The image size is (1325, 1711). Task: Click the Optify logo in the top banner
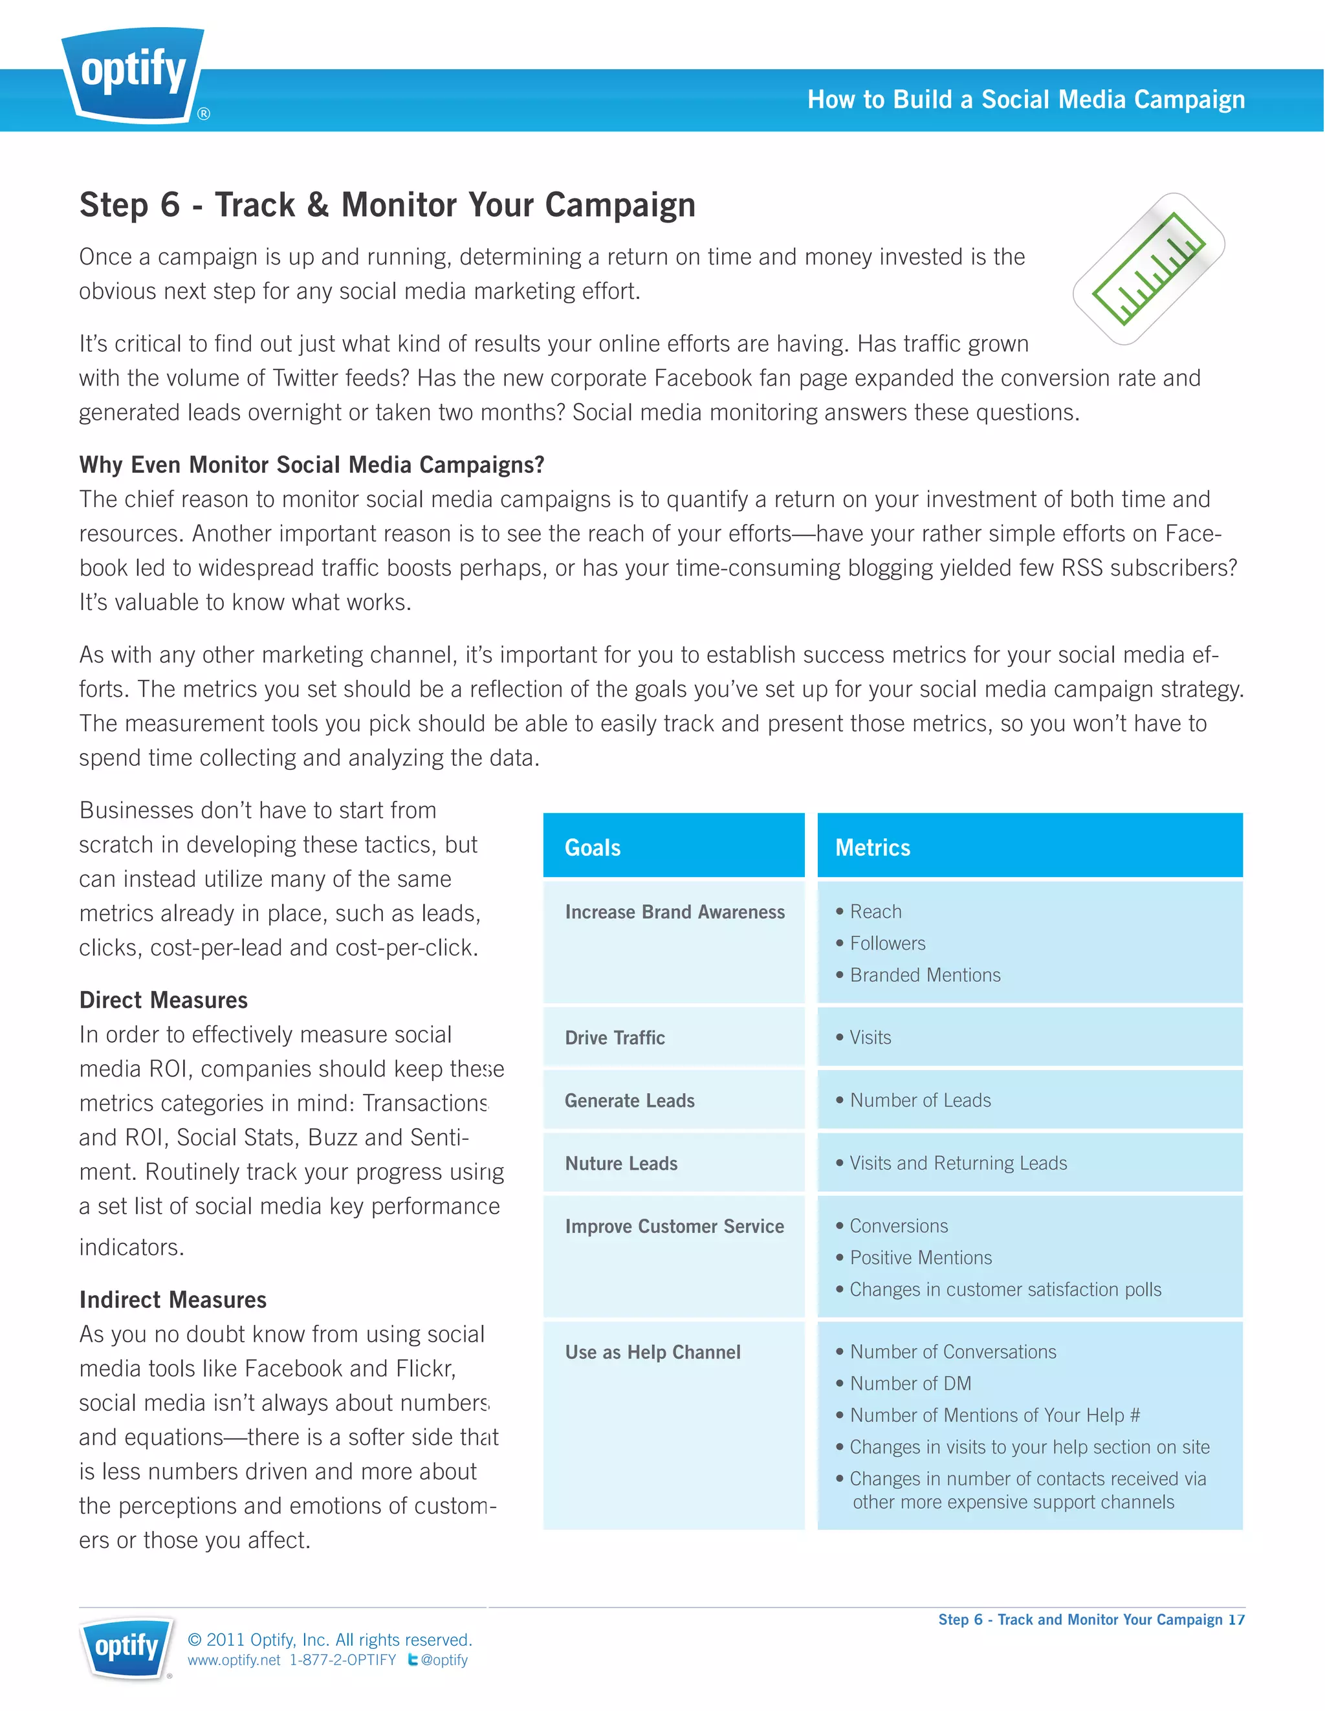(134, 74)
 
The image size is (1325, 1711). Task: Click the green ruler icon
(1148, 268)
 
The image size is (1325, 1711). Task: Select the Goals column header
(593, 847)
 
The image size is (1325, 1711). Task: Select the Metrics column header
(873, 847)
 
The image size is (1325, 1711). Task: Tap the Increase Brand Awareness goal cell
(675, 913)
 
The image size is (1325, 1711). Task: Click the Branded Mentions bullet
(925, 975)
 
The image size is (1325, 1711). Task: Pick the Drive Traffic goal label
(615, 1038)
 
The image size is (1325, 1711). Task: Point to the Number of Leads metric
(920, 1101)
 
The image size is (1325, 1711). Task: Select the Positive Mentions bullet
(921, 1258)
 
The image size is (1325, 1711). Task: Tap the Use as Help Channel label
(653, 1353)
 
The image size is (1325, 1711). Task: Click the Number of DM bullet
(910, 1384)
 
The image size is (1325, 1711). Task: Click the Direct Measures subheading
(164, 1001)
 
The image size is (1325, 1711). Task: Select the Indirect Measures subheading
(173, 1300)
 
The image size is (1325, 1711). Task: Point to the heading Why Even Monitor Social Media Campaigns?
(312, 465)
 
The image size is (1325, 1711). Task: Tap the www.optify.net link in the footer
(234, 1660)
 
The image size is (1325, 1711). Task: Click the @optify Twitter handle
(443, 1660)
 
